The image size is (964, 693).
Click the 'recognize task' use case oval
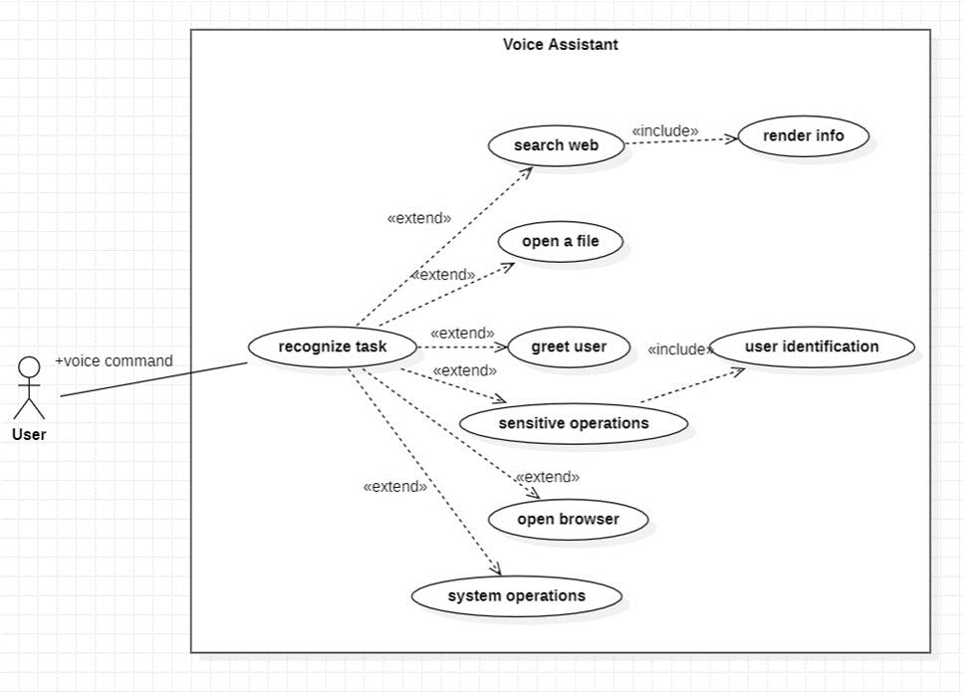coord(332,346)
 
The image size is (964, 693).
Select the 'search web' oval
coord(556,145)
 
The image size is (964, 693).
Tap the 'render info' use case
coord(803,135)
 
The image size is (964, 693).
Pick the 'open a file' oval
coord(560,241)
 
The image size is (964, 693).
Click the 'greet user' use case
coord(569,347)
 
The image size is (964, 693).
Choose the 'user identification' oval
coord(812,346)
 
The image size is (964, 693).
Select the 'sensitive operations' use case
coord(573,423)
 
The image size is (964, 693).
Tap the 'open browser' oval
coord(568,519)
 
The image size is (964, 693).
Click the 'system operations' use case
coord(516,596)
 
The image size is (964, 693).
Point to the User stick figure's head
coord(30,366)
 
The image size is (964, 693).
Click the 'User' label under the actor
coord(29,434)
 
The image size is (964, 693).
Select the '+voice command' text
coord(114,360)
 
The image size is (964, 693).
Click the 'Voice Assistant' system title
coord(560,44)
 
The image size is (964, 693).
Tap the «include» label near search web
coord(664,130)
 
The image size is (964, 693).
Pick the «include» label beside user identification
coord(680,349)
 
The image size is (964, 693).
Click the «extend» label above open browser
coord(547,477)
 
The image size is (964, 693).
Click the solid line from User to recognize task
coord(153,379)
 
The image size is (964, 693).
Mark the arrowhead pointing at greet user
coord(502,347)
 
